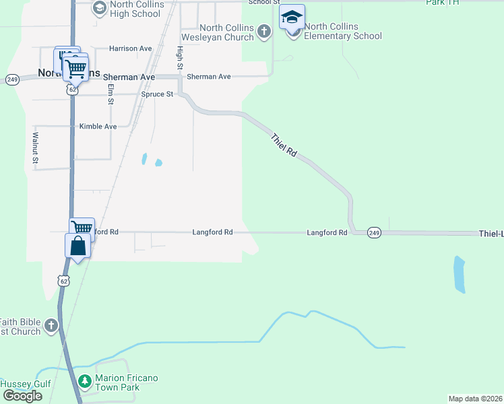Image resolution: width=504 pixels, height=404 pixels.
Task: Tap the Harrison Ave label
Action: pyautogui.click(x=131, y=48)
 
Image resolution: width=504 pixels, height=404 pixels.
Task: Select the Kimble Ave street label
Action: pyautogui.click(x=98, y=127)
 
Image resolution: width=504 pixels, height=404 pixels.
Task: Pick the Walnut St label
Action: pyautogui.click(x=35, y=147)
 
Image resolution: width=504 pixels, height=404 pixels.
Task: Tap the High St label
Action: pyautogui.click(x=180, y=58)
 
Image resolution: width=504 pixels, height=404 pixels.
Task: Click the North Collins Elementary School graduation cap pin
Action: pyautogui.click(x=292, y=18)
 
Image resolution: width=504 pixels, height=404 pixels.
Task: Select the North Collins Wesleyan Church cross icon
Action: pyautogui.click(x=264, y=31)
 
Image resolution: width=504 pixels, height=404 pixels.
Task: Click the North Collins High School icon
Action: pyautogui.click(x=100, y=8)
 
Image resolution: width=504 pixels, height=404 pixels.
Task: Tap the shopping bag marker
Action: pyautogui.click(x=77, y=246)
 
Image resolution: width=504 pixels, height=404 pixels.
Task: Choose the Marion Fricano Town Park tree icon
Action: pyautogui.click(x=85, y=382)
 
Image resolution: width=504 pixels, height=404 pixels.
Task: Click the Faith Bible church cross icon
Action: pyautogui.click(x=51, y=327)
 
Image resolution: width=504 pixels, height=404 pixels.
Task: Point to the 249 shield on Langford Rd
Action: pyautogui.click(x=375, y=233)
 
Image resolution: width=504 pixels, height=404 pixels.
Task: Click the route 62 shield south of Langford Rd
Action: pyautogui.click(x=63, y=280)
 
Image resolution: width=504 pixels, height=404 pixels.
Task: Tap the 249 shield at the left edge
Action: pyautogui.click(x=12, y=79)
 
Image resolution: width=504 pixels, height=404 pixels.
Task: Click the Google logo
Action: pyautogui.click(x=22, y=396)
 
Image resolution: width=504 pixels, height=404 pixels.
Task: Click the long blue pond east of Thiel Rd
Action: pyautogui.click(x=460, y=274)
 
